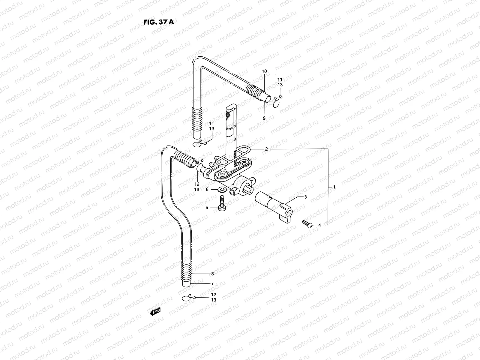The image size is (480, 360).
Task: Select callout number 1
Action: (x=334, y=187)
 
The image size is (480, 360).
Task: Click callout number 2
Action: (x=266, y=149)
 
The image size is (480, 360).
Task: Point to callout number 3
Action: (x=305, y=197)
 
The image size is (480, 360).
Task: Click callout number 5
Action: (x=207, y=207)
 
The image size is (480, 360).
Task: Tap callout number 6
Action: (x=207, y=190)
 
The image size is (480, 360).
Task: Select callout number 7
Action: (x=212, y=283)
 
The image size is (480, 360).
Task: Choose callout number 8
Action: (x=212, y=274)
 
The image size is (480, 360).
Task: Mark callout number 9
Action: (x=264, y=118)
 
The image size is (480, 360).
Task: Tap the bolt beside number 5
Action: (x=222, y=204)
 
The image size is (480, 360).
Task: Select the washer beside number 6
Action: (x=222, y=190)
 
